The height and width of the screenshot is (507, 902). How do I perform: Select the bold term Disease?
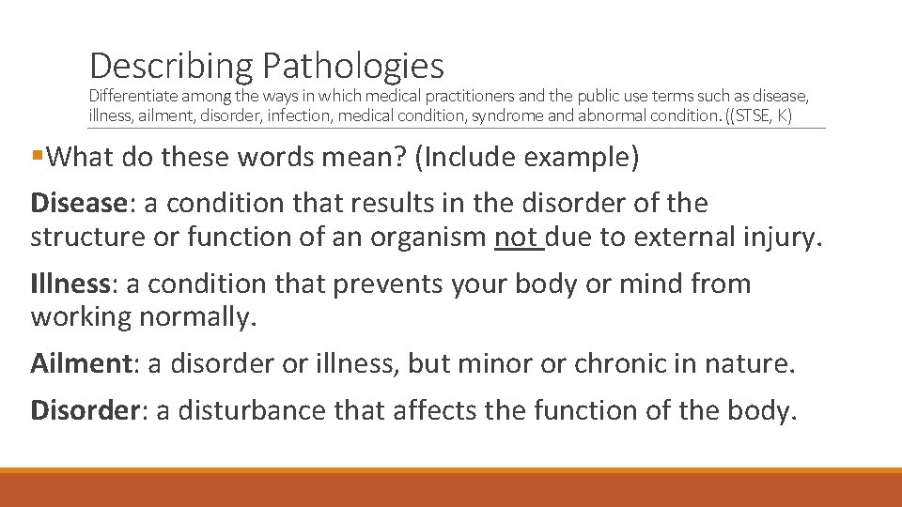tap(78, 203)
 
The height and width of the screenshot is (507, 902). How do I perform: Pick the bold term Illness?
tap(71, 284)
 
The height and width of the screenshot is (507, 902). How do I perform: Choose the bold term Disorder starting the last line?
tap(85, 409)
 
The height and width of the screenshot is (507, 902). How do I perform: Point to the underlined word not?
tap(516, 238)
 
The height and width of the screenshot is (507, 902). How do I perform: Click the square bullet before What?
tap(37, 157)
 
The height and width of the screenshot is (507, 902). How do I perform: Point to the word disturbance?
tap(250, 409)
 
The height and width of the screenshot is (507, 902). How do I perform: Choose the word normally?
tap(197, 317)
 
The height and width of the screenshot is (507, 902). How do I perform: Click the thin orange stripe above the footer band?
tap(451, 470)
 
